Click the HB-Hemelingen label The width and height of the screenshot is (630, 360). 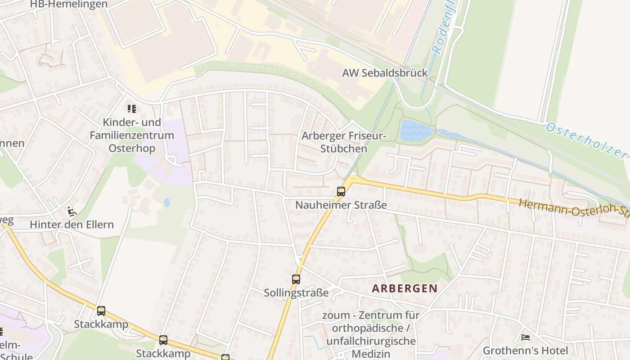69,4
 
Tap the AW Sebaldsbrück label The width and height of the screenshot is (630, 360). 385,73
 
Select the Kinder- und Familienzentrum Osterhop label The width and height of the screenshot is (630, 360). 132,135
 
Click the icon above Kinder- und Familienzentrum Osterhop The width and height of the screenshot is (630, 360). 131,108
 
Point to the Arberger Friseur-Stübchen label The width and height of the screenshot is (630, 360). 344,142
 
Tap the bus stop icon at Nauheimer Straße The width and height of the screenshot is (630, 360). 341,192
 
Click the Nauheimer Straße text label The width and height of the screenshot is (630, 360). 341,205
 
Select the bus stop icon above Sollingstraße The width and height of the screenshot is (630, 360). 296,279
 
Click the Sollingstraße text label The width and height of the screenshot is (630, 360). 296,293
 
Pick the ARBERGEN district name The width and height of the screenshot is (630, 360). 405,288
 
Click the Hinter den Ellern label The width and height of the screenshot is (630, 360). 72,225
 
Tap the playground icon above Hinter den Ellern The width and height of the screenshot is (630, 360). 72,211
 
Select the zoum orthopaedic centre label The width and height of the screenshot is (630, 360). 371,334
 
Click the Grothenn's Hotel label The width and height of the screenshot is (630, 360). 525,351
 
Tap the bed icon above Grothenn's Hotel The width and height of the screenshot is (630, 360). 525,337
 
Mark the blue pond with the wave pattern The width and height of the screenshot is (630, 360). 416,130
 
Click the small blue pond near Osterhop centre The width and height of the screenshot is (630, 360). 167,202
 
